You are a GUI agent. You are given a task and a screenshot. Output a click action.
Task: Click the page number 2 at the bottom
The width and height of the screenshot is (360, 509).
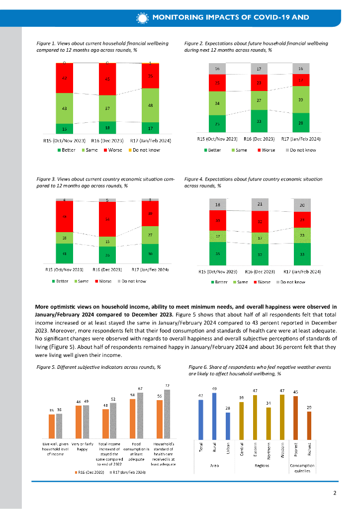335,493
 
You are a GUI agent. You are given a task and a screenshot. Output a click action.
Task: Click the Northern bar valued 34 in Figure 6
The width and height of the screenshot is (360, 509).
269,423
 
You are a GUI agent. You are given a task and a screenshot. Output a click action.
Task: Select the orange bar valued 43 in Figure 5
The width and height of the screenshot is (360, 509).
105,423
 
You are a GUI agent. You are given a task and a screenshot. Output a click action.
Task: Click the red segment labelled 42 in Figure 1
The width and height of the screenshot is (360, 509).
64,78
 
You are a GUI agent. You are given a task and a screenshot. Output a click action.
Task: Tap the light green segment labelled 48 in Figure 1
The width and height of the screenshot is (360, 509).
150,105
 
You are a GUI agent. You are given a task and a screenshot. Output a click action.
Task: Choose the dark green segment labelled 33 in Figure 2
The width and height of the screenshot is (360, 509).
260,121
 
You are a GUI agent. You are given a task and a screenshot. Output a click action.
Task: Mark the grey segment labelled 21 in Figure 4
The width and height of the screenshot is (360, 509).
260,204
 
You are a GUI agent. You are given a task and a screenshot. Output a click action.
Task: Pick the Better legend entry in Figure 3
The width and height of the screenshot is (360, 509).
59,281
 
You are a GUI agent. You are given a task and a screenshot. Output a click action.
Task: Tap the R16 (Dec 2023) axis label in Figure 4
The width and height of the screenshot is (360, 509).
260,272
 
